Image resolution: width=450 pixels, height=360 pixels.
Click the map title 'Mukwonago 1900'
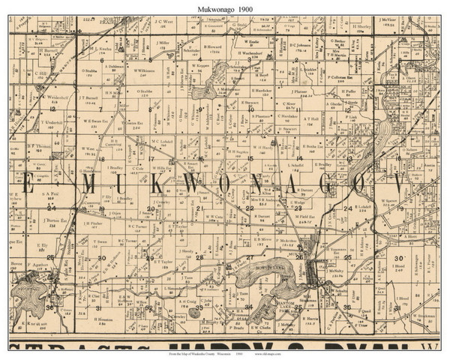click(224, 8)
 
